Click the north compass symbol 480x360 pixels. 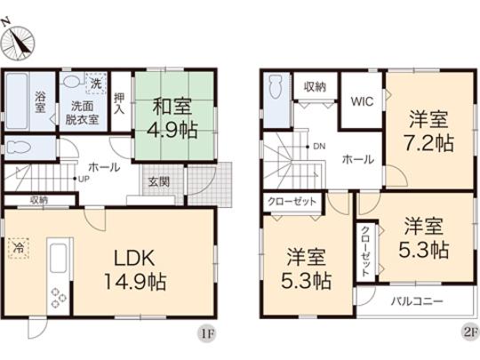pos(22,41)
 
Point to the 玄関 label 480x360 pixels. pos(158,183)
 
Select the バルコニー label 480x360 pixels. pos(418,301)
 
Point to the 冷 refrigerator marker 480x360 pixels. pos(17,248)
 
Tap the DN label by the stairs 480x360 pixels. pos(316,147)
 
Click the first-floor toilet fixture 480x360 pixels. pos(23,147)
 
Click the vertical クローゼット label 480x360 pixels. pos(365,248)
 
